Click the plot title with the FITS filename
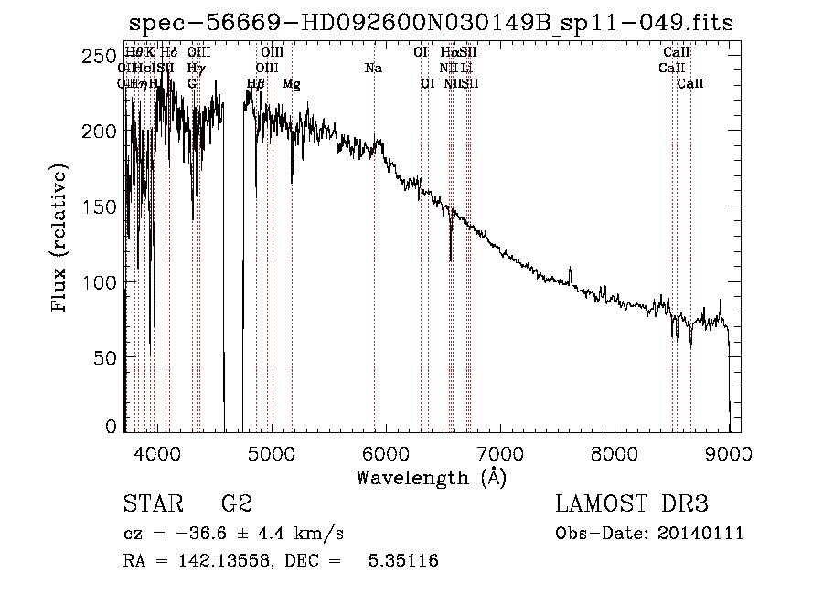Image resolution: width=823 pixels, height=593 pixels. coord(431,23)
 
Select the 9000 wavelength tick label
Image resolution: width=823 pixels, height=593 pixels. coord(729,451)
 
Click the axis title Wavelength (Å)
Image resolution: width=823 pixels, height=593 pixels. coord(431,478)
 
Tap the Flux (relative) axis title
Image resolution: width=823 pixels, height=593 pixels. coord(61,239)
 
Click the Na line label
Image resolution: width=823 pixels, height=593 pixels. coord(373,69)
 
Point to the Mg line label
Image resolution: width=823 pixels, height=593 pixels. coord(292,84)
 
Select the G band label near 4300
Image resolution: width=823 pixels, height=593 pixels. coord(192,84)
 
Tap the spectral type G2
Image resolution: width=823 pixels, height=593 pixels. coord(236,505)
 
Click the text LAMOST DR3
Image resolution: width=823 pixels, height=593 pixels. coord(631,505)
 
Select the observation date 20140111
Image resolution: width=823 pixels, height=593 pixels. coord(701,534)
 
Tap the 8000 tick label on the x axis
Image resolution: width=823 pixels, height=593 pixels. coord(615,451)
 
